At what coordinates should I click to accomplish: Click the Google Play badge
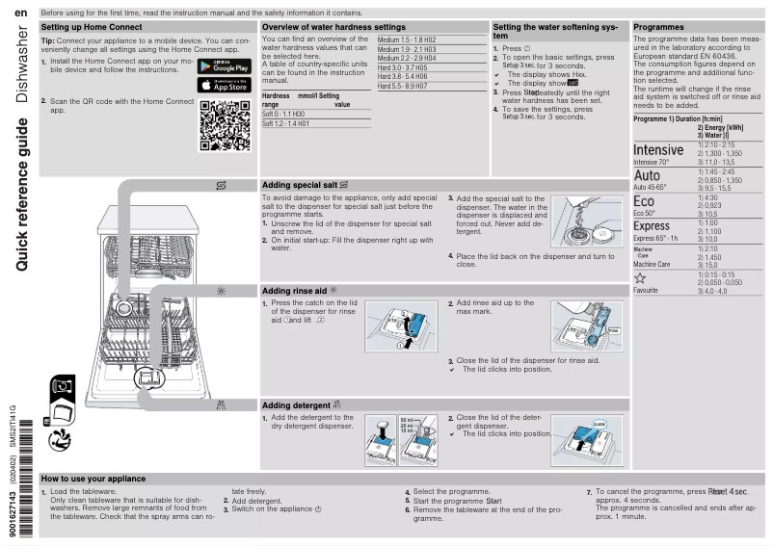224,65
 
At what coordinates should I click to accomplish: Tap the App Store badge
224,85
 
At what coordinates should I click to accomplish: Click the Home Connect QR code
224,122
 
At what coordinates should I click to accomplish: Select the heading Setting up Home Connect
92,27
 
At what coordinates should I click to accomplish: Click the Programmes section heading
661,27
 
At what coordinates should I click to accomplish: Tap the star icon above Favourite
640,275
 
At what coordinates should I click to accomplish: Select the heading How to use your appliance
93,479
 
